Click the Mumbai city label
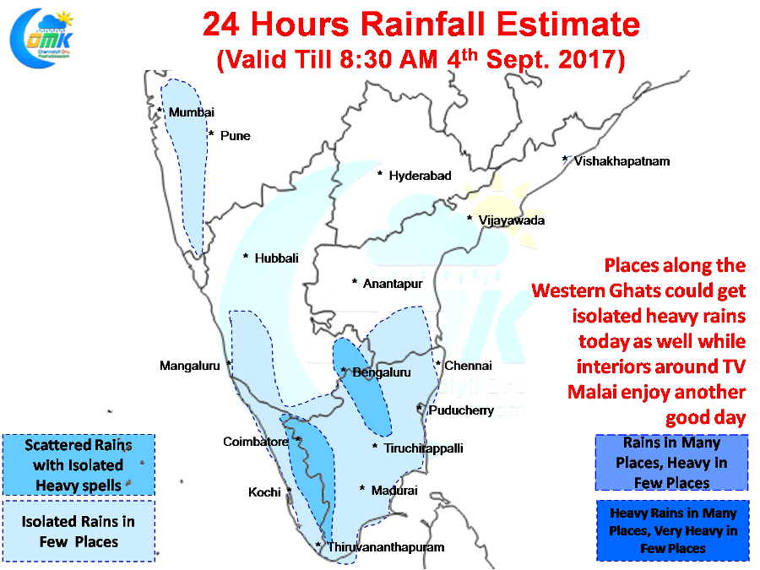[192, 112]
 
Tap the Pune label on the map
[235, 136]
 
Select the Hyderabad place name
[421, 176]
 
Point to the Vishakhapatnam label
[622, 161]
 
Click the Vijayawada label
[512, 220]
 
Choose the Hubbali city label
[276, 258]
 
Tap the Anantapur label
[393, 284]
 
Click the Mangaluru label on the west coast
[189, 366]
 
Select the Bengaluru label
[382, 372]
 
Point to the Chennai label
[468, 366]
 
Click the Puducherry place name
[461, 410]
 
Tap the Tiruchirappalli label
[423, 448]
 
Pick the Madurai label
[394, 491]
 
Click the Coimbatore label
[255, 442]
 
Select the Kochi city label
[264, 492]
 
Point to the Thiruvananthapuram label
[386, 547]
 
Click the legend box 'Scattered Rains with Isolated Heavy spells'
[79, 464]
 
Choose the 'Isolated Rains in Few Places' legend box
[79, 531]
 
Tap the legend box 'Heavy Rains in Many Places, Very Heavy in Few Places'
[673, 531]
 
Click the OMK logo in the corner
[41, 38]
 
